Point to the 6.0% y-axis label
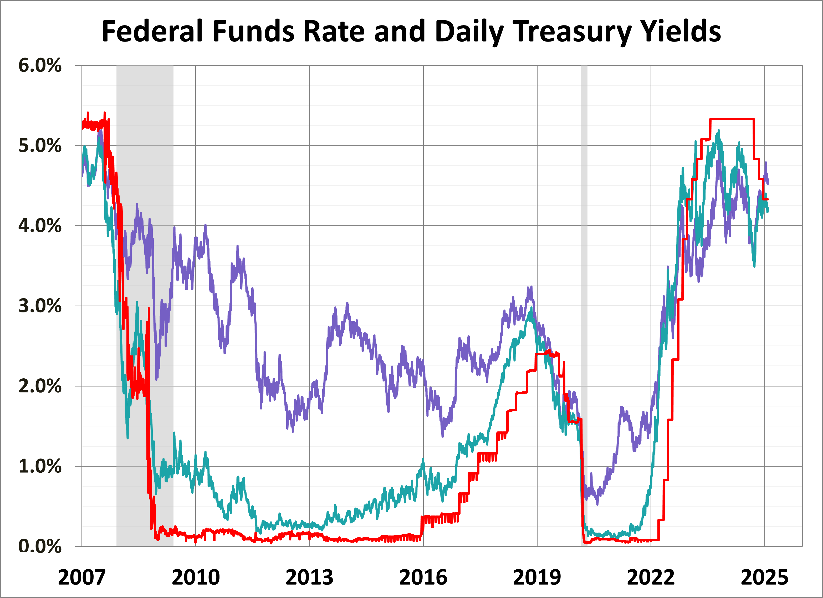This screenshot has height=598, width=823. (40, 66)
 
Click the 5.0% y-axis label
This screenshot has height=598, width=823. (40, 146)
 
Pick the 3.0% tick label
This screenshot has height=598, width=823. (40, 306)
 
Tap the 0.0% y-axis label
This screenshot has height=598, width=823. (40, 546)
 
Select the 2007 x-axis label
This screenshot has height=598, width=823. (82, 577)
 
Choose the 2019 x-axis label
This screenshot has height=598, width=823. (537, 577)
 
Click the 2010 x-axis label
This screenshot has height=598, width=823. (196, 577)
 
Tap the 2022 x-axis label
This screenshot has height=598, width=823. (651, 577)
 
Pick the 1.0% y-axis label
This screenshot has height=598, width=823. (40, 466)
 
